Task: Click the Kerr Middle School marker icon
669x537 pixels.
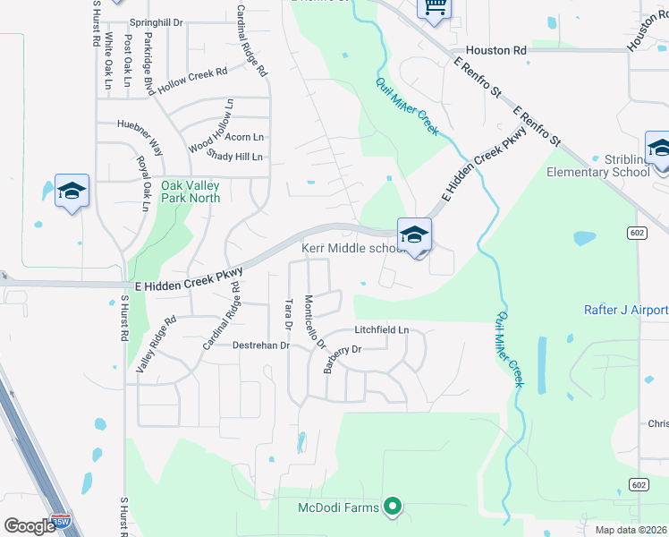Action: (414, 235)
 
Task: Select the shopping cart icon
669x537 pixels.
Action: (435, 7)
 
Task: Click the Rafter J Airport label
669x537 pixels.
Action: (625, 310)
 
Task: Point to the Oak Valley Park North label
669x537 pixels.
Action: (191, 192)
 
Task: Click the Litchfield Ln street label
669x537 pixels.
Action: (381, 329)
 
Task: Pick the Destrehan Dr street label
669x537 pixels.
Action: (261, 345)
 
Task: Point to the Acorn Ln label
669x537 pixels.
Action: (244, 137)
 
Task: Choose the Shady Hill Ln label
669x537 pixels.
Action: (234, 156)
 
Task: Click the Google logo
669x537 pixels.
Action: (30, 526)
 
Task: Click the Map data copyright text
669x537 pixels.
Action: (631, 530)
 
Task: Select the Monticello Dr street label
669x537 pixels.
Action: (315, 322)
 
